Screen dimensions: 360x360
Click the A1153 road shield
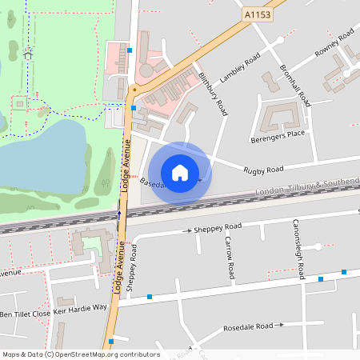click(258, 14)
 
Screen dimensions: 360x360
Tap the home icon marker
click(180, 172)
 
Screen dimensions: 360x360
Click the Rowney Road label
click(334, 42)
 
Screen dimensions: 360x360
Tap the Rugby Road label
click(264, 170)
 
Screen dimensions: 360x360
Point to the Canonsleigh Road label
click(297, 249)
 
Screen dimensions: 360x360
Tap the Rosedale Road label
click(248, 326)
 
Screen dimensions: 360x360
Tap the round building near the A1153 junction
click(146, 70)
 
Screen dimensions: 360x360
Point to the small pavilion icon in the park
click(28, 54)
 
